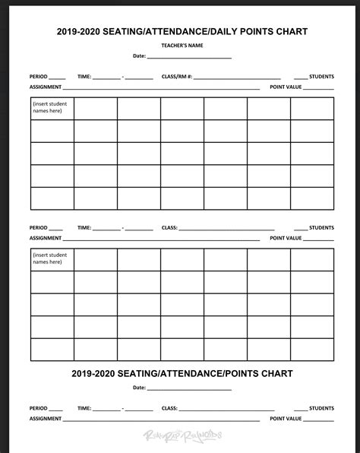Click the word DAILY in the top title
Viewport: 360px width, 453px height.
[x=216, y=31]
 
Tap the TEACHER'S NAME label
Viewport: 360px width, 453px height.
[x=181, y=46]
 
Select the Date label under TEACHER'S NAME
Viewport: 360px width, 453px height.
[x=139, y=56]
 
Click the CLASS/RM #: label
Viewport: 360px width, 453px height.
[x=177, y=78]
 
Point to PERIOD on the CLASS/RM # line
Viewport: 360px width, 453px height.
[x=38, y=78]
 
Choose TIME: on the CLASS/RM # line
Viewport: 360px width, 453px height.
[x=84, y=78]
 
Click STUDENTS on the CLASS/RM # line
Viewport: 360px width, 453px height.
[x=321, y=78]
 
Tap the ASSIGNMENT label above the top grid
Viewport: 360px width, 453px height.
[x=46, y=87]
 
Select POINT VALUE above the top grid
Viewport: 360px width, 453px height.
[x=286, y=87]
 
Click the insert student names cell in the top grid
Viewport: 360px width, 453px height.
[x=52, y=109]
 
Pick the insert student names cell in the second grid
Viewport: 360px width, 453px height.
[x=52, y=259]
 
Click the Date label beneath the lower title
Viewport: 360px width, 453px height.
[x=139, y=388]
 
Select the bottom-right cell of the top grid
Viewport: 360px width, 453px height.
[x=312, y=198]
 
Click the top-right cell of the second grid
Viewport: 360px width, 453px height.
[x=312, y=259]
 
